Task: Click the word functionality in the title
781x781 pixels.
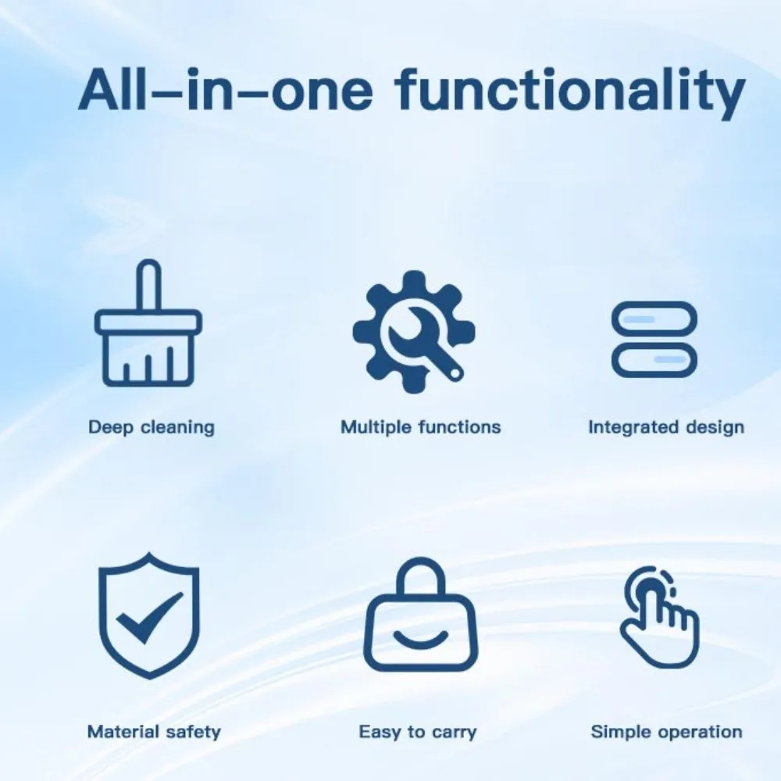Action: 570,91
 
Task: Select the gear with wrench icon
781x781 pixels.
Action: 414,332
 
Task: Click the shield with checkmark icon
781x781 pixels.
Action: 149,615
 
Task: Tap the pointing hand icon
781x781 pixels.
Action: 660,617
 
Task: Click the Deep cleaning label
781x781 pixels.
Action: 152,427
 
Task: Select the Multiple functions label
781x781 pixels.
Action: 420,427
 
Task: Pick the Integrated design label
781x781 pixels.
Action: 666,427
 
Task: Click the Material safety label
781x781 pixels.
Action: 154,732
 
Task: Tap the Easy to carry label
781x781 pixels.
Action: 418,732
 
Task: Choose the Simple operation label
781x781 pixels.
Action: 666,732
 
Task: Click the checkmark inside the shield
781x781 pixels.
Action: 148,619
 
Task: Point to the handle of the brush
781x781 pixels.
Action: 148,284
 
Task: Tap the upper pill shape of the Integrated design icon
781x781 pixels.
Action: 654,319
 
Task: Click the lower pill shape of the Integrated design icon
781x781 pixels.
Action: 654,359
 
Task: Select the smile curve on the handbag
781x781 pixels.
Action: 421,638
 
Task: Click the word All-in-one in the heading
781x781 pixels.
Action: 225,91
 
